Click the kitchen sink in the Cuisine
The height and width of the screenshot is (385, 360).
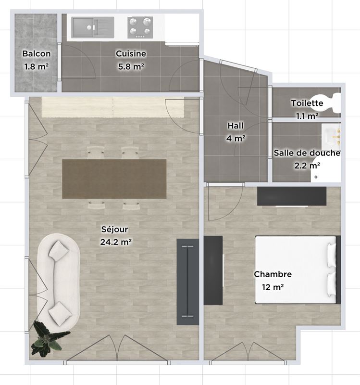coord(93,27)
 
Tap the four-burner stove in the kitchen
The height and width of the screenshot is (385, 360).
coord(140,27)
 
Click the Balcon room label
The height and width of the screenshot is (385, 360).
coord(37,53)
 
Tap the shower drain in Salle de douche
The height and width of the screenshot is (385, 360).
coord(316,177)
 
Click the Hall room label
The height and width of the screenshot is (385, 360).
coord(236,126)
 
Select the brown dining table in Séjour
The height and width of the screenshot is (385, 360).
coord(114,179)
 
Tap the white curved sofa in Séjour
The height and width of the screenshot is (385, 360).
coord(59,282)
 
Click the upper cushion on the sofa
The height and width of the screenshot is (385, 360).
coord(59,249)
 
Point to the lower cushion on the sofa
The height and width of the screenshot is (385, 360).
coord(60,314)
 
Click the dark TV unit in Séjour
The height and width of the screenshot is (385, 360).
coord(187,282)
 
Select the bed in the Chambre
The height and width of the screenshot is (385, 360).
coord(298,269)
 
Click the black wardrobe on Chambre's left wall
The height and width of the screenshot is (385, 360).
coord(213,270)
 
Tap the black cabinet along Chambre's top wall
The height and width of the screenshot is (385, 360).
coord(292,196)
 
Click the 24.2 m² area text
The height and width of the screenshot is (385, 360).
coord(116,242)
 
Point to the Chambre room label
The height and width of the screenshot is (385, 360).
coord(273,274)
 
